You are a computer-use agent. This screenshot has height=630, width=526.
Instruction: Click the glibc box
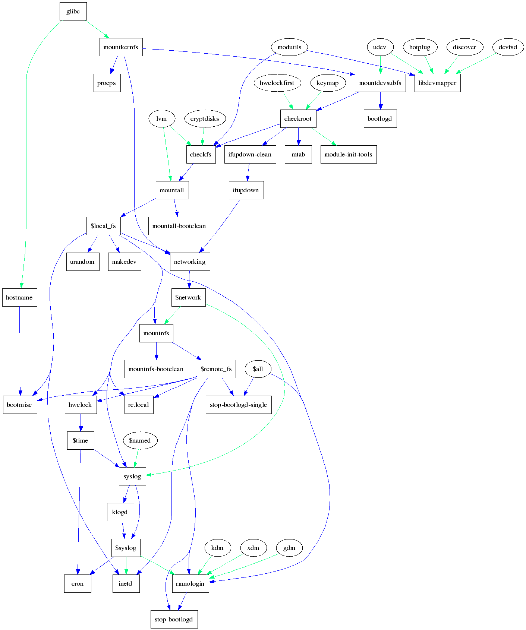click(73, 11)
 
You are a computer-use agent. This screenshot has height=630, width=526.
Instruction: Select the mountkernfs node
click(121, 47)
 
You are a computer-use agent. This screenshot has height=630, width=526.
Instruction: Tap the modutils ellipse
click(289, 47)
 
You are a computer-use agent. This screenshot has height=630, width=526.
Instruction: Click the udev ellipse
click(379, 47)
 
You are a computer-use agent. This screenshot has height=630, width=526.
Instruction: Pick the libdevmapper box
click(437, 83)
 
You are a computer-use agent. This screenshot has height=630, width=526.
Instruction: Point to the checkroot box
click(298, 118)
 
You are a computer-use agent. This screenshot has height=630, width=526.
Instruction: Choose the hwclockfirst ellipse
click(277, 83)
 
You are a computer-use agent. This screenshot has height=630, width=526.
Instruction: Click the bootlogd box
click(380, 118)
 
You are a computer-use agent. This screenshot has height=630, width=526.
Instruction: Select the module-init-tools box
click(348, 154)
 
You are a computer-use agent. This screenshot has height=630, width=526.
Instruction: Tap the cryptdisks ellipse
click(205, 118)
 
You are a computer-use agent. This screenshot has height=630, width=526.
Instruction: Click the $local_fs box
click(103, 226)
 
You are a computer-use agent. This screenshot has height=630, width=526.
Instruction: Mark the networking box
click(190, 262)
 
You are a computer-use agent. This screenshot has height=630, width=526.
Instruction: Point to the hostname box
click(19, 297)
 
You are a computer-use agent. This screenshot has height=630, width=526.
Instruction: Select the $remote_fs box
click(216, 369)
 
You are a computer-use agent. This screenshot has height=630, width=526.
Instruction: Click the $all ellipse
click(258, 369)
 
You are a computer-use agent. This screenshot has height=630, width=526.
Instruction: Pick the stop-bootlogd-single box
click(238, 405)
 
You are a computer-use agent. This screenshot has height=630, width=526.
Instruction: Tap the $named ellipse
click(140, 440)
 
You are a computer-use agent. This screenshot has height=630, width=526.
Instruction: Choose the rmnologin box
click(190, 583)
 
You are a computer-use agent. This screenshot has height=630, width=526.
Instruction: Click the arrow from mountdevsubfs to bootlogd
click(380, 101)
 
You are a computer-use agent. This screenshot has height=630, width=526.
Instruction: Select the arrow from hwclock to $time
click(81, 422)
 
